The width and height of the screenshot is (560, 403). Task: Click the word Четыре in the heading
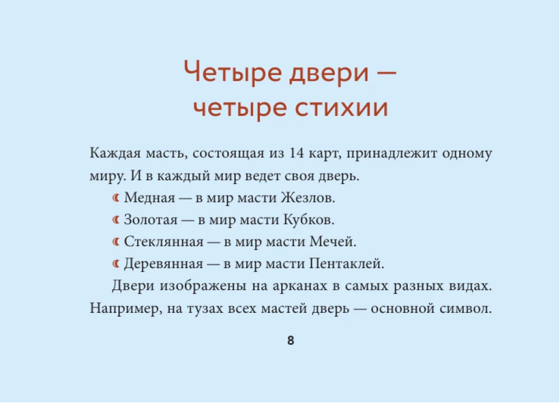[x=232, y=72]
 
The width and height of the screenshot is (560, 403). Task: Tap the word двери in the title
[x=328, y=72]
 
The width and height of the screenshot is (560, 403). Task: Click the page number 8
[x=290, y=340]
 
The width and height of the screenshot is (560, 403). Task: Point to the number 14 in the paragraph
[x=296, y=153]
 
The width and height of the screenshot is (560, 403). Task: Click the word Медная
[x=150, y=198]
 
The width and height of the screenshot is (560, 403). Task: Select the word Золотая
[x=150, y=220]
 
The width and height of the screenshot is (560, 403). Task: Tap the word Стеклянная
[x=164, y=242]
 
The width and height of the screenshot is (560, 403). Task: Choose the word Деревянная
[x=163, y=264]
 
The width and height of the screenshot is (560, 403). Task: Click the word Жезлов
[x=307, y=198]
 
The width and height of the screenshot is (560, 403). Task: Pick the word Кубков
[x=309, y=220]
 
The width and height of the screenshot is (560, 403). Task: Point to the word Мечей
[x=333, y=242]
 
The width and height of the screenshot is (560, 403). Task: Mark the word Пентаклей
[x=347, y=264]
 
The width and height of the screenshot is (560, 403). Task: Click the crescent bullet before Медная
[x=116, y=198]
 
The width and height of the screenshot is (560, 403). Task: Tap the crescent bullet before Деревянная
[x=116, y=264]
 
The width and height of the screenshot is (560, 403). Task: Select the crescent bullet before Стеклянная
[x=116, y=242]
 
